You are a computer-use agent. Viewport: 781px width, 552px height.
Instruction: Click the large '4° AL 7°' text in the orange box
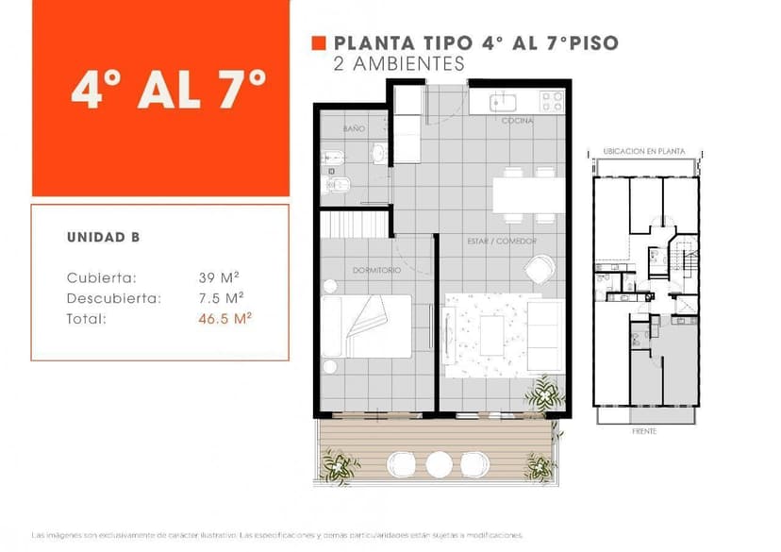168,92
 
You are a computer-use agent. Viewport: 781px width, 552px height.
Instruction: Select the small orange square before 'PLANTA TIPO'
319,42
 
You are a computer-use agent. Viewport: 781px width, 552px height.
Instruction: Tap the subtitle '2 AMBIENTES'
399,64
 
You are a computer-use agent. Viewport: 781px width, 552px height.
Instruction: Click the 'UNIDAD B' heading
103,238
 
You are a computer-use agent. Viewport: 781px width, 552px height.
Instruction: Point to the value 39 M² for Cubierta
218,277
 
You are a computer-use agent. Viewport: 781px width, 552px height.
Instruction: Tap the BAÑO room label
354,128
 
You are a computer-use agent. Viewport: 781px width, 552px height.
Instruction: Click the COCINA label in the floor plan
517,121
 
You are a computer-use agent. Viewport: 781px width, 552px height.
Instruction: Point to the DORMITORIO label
376,270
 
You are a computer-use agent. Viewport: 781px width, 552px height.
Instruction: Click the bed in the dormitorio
368,326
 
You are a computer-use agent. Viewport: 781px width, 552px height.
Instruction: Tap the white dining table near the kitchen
528,195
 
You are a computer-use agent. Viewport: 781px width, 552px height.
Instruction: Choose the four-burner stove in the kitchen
551,102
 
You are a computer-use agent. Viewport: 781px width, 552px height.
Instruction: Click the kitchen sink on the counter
501,100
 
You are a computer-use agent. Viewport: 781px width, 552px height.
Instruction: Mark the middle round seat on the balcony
439,464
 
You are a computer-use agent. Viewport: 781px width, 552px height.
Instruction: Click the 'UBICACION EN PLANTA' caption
643,151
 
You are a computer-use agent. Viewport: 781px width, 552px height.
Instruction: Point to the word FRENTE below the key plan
644,431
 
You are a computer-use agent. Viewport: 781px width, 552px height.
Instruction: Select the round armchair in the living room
540,270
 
